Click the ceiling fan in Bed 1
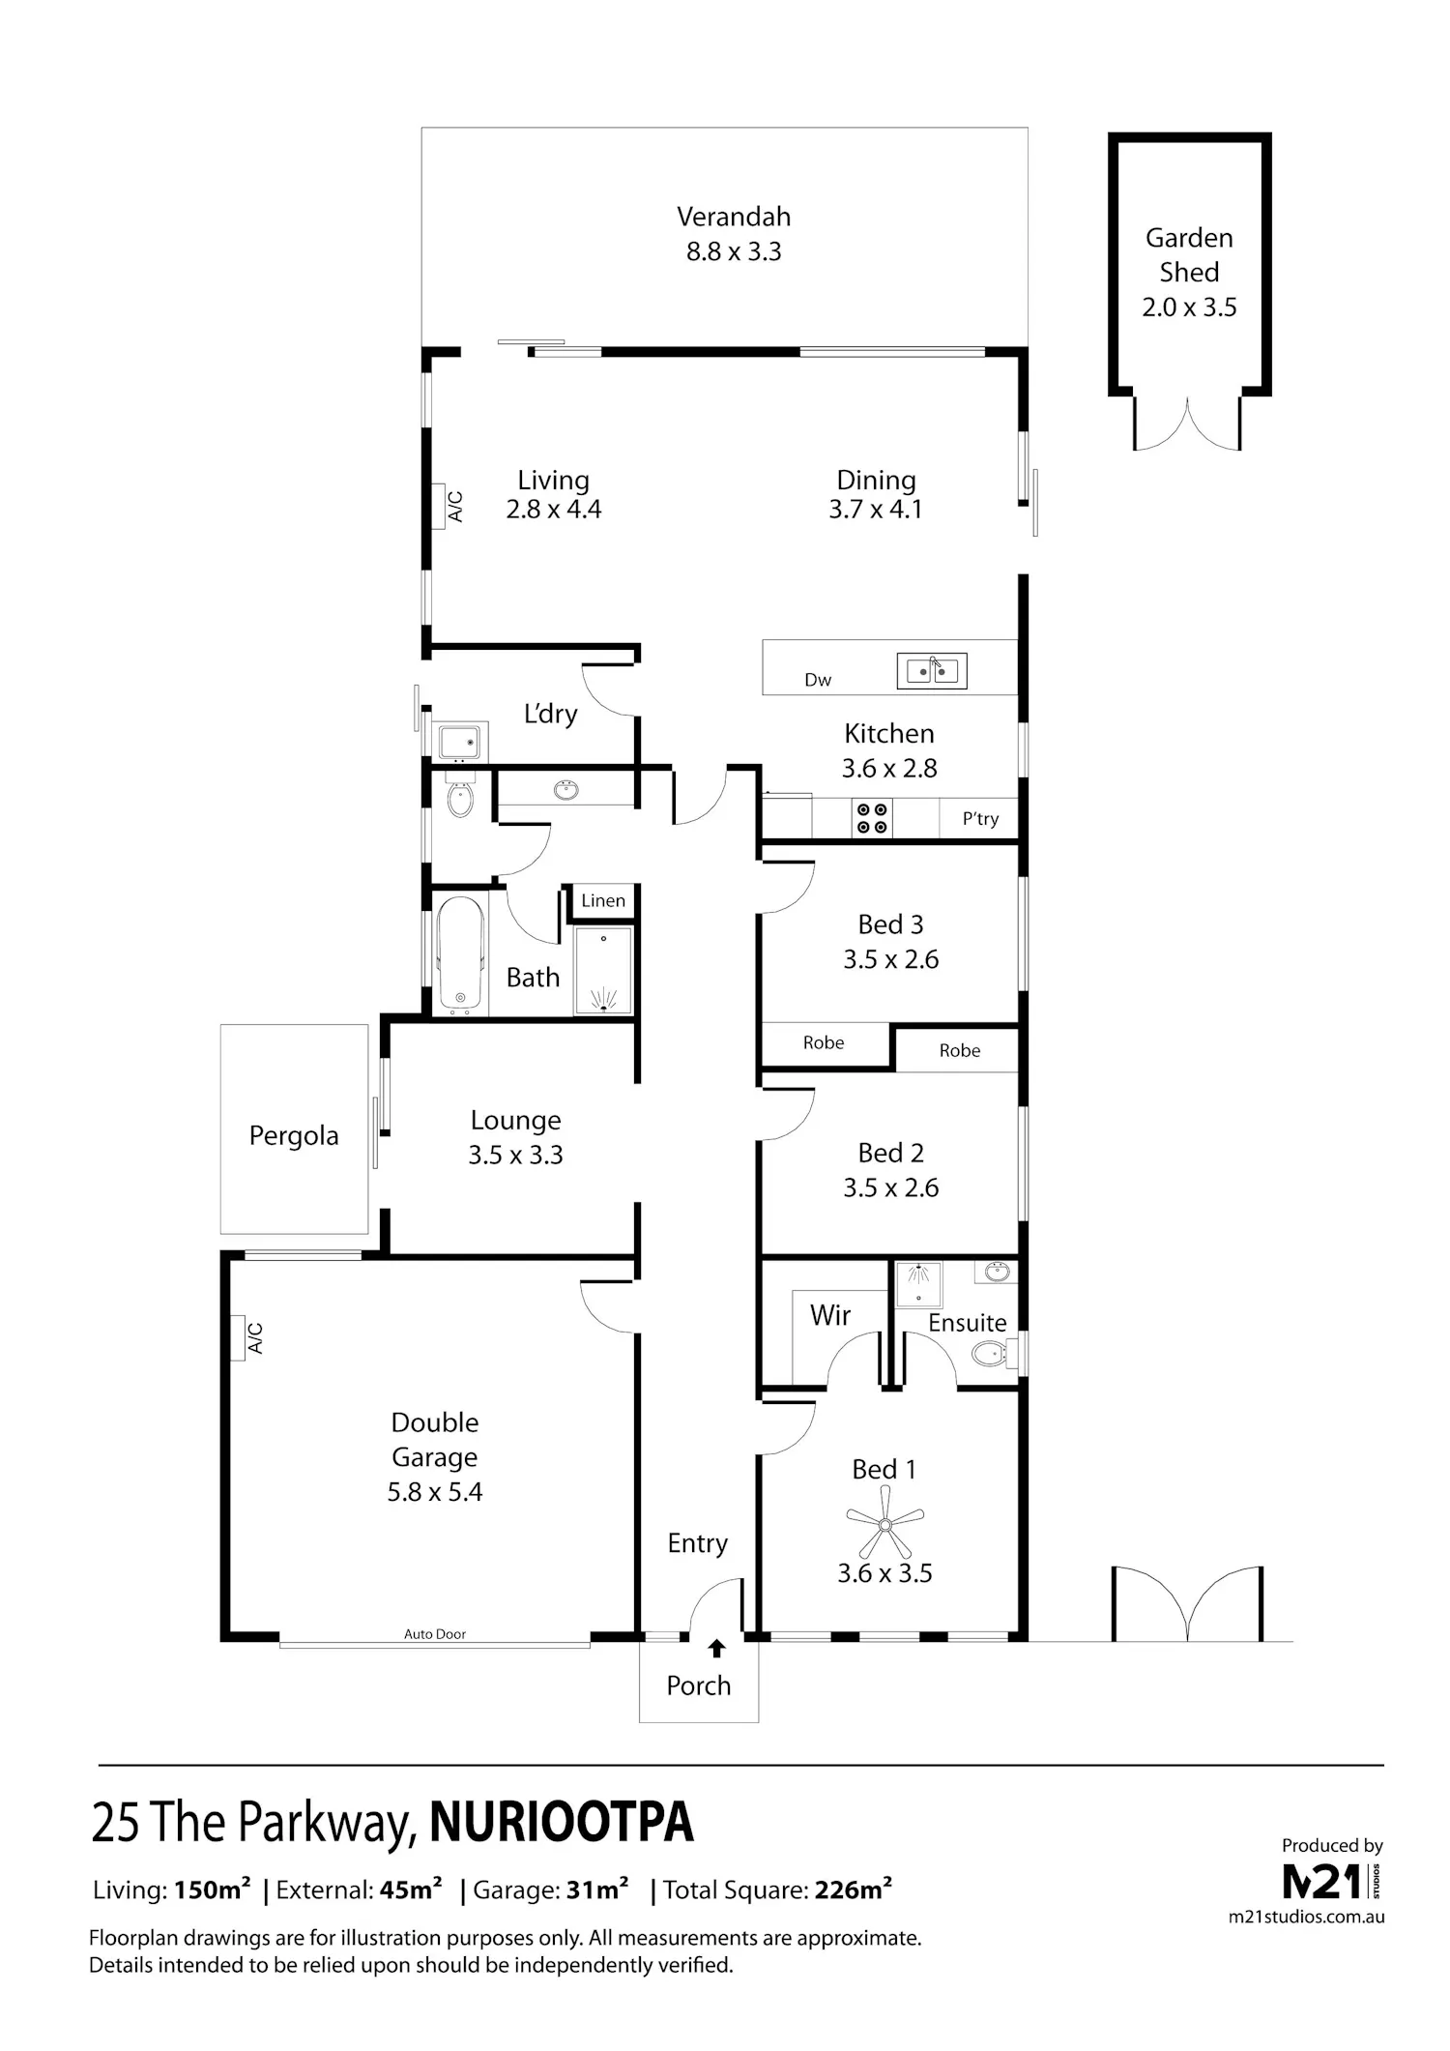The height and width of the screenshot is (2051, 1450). tap(884, 1524)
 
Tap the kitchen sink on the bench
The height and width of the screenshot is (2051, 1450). tap(932, 670)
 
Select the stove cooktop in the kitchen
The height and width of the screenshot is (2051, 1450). tap(872, 818)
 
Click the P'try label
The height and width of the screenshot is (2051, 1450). tap(980, 819)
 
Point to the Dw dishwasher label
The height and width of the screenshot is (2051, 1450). tap(818, 680)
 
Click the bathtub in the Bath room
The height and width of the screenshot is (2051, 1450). tap(460, 954)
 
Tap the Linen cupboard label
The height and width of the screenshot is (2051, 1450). tap(603, 900)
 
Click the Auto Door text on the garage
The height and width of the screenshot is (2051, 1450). tap(435, 1634)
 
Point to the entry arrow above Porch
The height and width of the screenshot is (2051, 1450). tap(717, 1649)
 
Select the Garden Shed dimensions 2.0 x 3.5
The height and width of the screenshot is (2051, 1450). tap(1189, 308)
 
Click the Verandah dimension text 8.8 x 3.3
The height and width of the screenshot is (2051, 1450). tap(734, 251)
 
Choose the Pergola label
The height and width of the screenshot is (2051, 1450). tap(294, 1135)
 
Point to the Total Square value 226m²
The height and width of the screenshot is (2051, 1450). tap(854, 1890)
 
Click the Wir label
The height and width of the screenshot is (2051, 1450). tap(830, 1315)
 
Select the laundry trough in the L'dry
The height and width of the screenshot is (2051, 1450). tap(458, 742)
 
